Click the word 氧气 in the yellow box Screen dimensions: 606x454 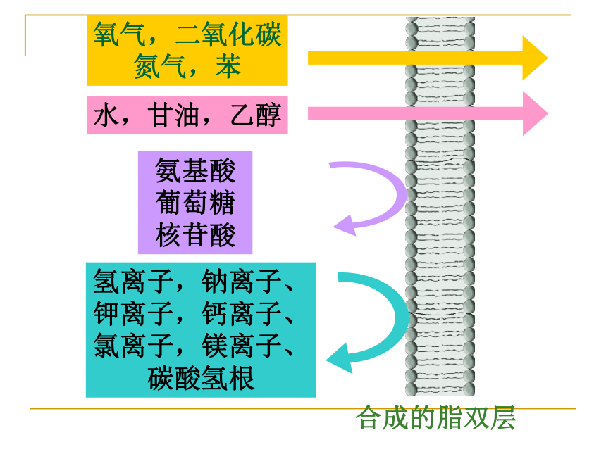[x=119, y=34]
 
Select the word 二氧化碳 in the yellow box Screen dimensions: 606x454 [x=228, y=34]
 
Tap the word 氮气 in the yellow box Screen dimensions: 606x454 [x=160, y=66]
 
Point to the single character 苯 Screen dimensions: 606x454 [x=228, y=66]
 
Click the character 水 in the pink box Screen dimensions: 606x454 [x=106, y=115]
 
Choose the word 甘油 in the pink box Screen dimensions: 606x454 [x=173, y=115]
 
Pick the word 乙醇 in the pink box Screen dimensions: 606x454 [x=256, y=115]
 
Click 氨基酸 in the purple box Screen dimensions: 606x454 [x=195, y=170]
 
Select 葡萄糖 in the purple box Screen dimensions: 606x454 [x=195, y=202]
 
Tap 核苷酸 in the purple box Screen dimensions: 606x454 [x=195, y=234]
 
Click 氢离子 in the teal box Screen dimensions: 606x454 [x=133, y=282]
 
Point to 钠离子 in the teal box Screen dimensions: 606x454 [x=242, y=282]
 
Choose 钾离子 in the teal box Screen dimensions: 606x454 [x=133, y=313]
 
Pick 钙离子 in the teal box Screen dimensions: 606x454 [x=242, y=313]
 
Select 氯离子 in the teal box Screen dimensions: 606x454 [x=133, y=346]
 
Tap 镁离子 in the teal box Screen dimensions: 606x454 [x=242, y=346]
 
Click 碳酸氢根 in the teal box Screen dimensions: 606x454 [x=201, y=378]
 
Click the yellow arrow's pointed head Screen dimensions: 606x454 [x=548, y=58]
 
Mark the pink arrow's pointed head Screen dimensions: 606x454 [x=548, y=113]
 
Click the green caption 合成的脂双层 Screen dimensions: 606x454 [x=435, y=417]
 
